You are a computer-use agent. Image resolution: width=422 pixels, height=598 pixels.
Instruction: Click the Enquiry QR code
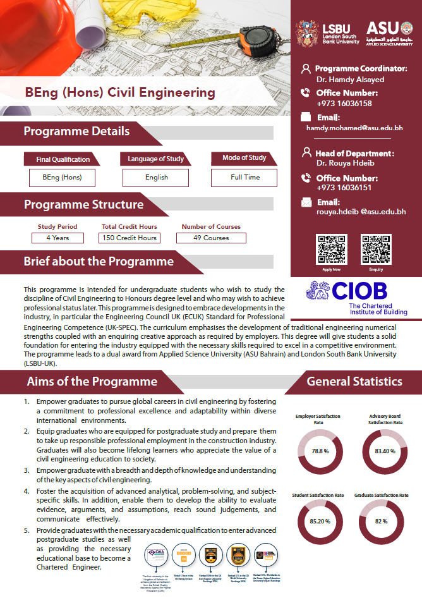(375, 249)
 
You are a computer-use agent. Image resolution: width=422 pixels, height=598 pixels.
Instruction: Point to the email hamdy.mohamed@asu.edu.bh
(354, 128)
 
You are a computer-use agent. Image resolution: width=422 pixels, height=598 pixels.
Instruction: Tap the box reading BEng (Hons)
(62, 178)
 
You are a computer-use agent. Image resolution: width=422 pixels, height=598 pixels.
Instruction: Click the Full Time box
(244, 178)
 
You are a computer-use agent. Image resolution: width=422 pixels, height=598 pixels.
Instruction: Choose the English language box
(156, 178)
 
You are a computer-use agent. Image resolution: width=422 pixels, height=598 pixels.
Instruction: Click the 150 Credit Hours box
(129, 238)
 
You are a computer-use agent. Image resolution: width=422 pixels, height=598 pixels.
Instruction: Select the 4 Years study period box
(57, 238)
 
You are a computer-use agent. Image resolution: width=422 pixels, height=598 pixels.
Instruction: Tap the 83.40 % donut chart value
(385, 451)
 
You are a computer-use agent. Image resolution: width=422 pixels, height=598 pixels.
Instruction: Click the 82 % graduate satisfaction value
(381, 522)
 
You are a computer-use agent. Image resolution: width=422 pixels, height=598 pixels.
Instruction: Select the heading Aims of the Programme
(92, 382)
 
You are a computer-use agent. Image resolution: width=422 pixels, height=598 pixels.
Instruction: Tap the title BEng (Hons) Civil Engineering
(120, 92)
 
